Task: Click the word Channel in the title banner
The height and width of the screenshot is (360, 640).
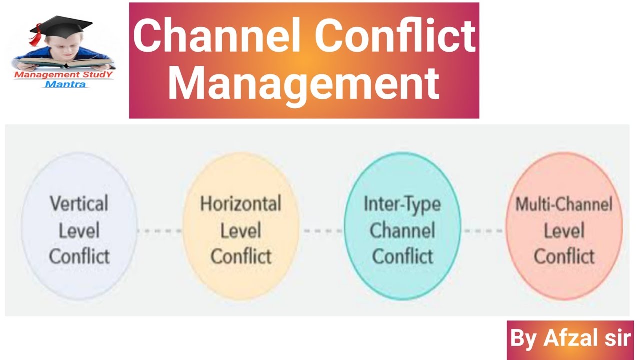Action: (x=216, y=35)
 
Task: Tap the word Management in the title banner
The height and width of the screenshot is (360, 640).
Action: (x=304, y=83)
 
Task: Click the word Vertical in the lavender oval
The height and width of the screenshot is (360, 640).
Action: (x=79, y=203)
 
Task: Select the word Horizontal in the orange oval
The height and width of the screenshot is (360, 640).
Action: (x=241, y=203)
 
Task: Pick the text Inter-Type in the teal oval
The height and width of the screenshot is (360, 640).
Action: (x=402, y=205)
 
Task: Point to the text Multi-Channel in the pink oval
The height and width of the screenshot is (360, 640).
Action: (x=564, y=204)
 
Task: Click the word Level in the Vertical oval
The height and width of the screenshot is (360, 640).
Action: (x=79, y=230)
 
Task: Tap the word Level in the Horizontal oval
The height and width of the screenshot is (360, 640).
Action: (x=241, y=230)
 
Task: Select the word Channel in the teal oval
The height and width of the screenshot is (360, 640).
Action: (x=402, y=230)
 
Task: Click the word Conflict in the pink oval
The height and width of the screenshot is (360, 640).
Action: (x=564, y=256)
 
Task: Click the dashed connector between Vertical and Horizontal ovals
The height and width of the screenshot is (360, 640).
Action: (x=159, y=231)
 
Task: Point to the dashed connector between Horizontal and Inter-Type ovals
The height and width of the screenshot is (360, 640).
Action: (x=322, y=231)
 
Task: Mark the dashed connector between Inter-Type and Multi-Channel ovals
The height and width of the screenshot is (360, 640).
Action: (x=483, y=231)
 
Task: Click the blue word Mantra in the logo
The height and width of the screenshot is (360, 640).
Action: (x=65, y=84)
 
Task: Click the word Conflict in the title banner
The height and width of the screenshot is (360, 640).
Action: (x=395, y=35)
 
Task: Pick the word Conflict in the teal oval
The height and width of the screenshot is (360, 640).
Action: (x=402, y=256)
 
